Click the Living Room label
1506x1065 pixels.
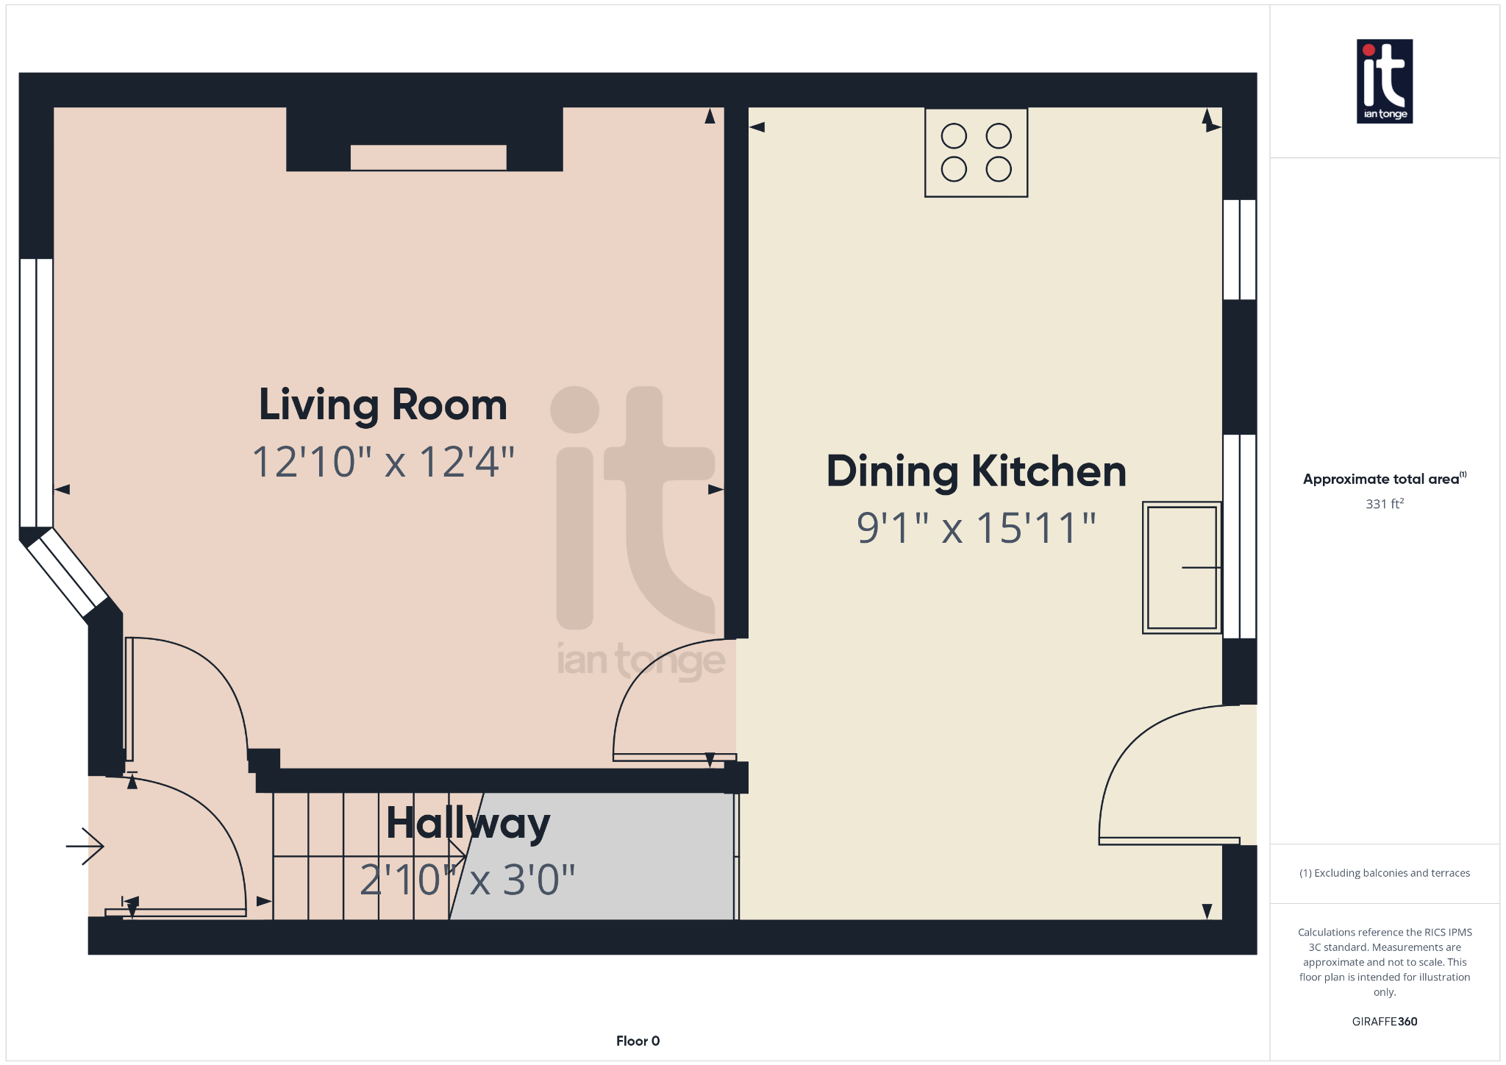tap(383, 405)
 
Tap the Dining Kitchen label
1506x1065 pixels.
tap(977, 471)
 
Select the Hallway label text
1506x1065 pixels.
tap(468, 823)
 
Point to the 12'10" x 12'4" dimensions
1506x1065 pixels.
tap(383, 462)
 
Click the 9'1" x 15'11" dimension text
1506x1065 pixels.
tap(977, 528)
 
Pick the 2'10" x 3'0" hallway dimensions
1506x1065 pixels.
tap(468, 880)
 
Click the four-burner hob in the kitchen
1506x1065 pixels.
tap(976, 152)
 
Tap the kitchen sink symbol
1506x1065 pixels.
tap(1182, 568)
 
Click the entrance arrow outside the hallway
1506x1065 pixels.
tap(85, 847)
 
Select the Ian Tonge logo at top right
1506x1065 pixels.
tap(1385, 81)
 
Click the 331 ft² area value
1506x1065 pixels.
tap(1385, 504)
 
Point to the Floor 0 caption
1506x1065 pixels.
tap(638, 1041)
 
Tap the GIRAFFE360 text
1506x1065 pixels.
tap(1385, 1022)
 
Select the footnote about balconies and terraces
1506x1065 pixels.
tap(1385, 873)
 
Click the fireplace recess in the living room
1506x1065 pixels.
tap(428, 157)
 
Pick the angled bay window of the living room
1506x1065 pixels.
tap(67, 573)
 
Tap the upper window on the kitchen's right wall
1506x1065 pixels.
tap(1239, 249)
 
